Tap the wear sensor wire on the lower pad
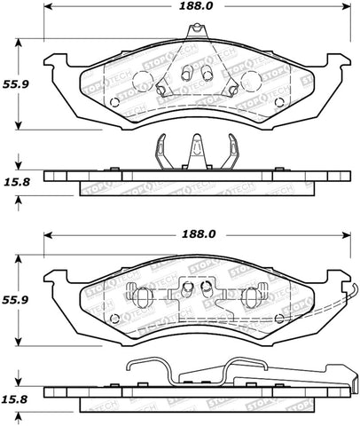352,300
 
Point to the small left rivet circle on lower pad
113,319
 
